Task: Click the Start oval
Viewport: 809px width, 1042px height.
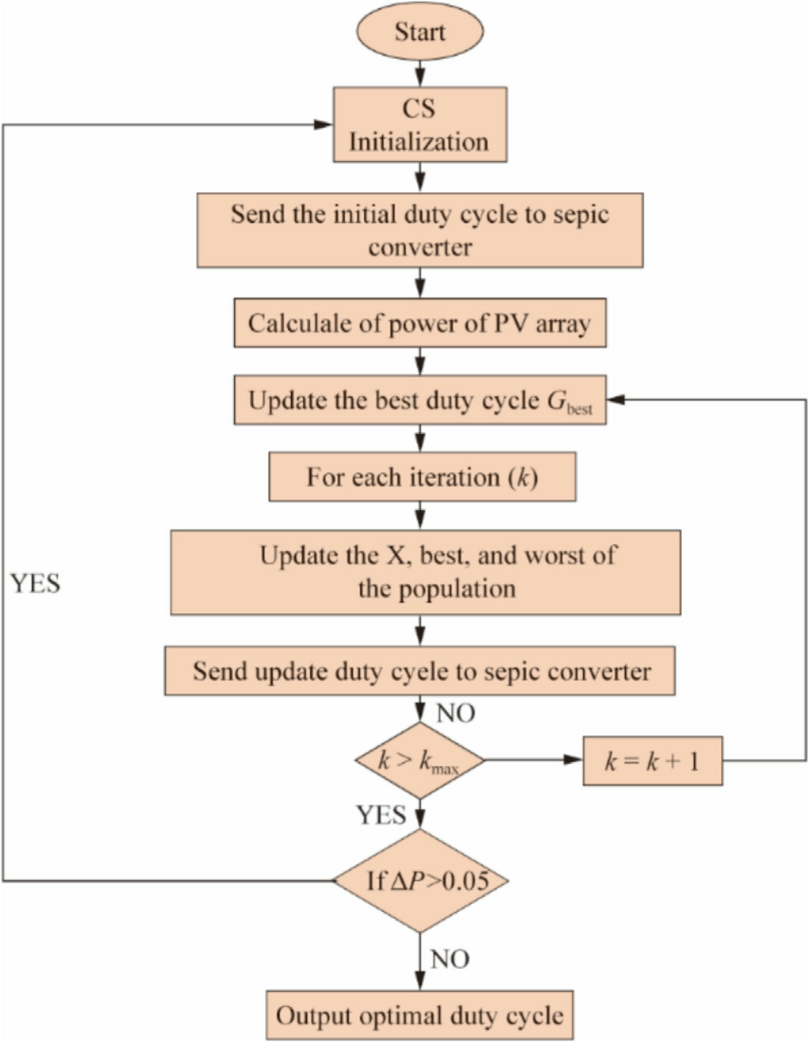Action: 420,33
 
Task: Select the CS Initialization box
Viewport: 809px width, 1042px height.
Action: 420,125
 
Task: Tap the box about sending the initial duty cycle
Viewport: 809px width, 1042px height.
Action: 420,230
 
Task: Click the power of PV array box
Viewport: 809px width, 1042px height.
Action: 420,324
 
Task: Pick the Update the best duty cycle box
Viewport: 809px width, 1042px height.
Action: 420,400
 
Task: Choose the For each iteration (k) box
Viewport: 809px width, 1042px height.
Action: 422,477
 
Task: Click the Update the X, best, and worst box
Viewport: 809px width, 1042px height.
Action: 425,572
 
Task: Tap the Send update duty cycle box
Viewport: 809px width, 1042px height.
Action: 420,672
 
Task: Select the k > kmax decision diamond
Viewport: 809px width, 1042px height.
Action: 419,761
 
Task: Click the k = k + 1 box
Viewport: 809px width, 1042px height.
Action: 652,761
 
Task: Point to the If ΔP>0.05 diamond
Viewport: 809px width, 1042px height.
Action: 420,880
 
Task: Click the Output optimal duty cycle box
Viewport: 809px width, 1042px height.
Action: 420,1015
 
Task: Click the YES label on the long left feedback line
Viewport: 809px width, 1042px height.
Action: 36,584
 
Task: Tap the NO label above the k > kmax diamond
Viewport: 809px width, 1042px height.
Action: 455,713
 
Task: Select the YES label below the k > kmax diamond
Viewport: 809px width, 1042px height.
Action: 381,814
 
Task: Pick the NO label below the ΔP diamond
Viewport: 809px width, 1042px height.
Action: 450,960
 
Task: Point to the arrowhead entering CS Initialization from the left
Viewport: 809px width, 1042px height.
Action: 323,125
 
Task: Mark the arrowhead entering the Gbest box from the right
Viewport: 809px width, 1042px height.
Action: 616,400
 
